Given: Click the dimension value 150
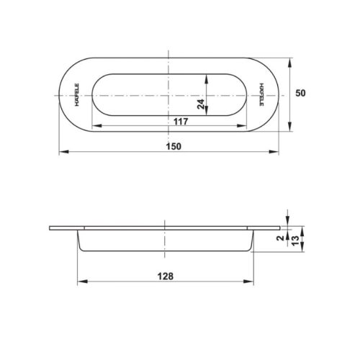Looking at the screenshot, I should tap(171, 145).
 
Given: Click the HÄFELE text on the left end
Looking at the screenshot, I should tap(76, 94).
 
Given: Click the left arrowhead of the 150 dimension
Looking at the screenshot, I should tap(60, 152).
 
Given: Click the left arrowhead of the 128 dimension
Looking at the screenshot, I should tap(79, 282).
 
